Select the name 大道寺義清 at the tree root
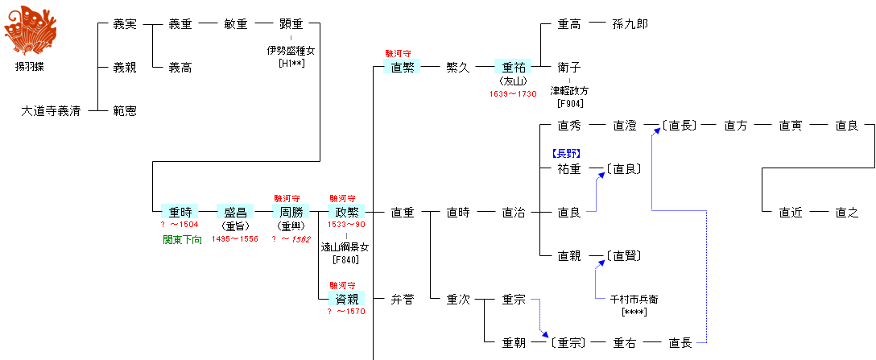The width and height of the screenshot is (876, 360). (x=50, y=111)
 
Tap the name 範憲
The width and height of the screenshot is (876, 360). (x=124, y=111)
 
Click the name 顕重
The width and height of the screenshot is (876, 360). (x=291, y=24)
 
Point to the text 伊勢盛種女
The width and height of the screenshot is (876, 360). (x=291, y=51)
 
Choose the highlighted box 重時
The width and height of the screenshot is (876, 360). (x=180, y=213)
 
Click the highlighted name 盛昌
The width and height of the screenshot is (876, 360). (x=235, y=213)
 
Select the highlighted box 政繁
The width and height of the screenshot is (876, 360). (x=347, y=213)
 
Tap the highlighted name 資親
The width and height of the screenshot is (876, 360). (x=347, y=300)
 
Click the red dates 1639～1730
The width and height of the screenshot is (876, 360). (x=513, y=94)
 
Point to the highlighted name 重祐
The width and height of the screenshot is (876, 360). (x=513, y=68)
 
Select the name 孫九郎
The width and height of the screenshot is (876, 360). (x=630, y=24)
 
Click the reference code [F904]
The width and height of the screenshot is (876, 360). (x=569, y=103)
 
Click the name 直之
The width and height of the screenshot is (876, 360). (x=846, y=213)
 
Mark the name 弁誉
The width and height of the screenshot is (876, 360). (x=402, y=300)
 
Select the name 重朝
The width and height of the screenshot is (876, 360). (x=513, y=343)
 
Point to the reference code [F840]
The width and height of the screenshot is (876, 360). (x=345, y=259)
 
